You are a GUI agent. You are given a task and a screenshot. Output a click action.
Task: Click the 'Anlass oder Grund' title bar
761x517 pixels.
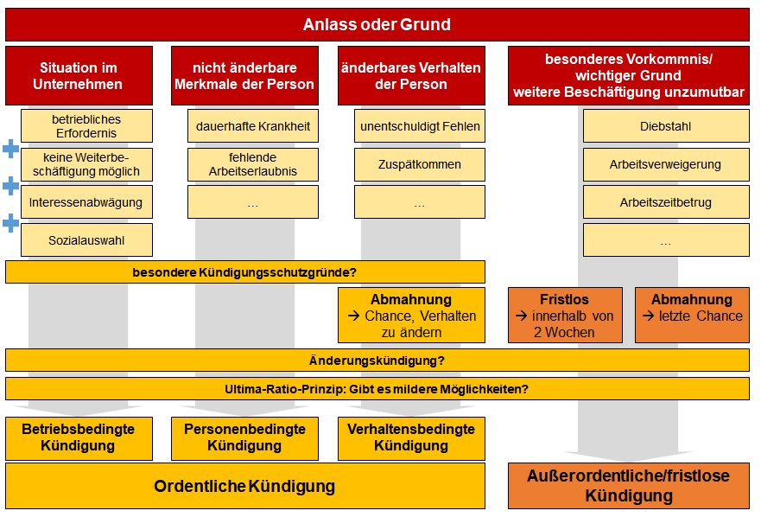point(377,24)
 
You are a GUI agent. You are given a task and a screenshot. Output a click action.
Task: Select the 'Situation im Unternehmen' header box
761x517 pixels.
point(79,76)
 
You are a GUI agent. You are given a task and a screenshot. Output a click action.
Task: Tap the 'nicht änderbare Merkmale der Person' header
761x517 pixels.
point(244,76)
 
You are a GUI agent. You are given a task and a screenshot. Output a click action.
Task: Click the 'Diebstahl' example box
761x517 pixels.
point(666,126)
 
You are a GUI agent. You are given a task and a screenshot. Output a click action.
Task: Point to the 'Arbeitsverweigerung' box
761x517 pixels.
point(666,165)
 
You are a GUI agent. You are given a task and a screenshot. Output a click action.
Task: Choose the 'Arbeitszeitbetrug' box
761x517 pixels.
point(666,202)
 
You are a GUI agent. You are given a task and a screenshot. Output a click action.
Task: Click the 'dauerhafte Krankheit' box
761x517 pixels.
point(253,126)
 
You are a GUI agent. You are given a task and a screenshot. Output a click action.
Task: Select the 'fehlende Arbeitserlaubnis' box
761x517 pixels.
point(253,165)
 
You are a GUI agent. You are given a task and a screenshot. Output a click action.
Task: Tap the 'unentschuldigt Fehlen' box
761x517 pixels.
point(420,126)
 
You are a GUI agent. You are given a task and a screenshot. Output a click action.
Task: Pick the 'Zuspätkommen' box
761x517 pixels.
point(420,165)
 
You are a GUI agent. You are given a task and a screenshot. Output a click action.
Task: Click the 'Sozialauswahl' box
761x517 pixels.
point(86,240)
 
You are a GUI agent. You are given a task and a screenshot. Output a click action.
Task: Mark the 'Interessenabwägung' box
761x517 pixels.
point(86,202)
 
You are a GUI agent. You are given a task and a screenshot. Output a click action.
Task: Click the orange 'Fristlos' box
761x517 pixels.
point(565,316)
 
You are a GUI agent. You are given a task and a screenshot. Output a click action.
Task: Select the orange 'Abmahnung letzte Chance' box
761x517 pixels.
point(692,316)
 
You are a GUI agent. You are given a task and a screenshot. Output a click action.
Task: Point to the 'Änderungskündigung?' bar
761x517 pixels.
point(377,361)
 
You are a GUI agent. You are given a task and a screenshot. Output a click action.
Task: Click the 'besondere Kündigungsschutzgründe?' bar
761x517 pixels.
point(245,272)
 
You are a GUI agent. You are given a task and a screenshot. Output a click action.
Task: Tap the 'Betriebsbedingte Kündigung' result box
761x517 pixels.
point(79,438)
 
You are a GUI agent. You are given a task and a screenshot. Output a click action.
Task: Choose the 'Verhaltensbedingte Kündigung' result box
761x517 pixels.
point(411,438)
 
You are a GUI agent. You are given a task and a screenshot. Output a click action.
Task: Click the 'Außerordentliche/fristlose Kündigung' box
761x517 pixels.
point(629,486)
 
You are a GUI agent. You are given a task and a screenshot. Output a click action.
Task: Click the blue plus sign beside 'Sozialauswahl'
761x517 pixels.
point(10,224)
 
